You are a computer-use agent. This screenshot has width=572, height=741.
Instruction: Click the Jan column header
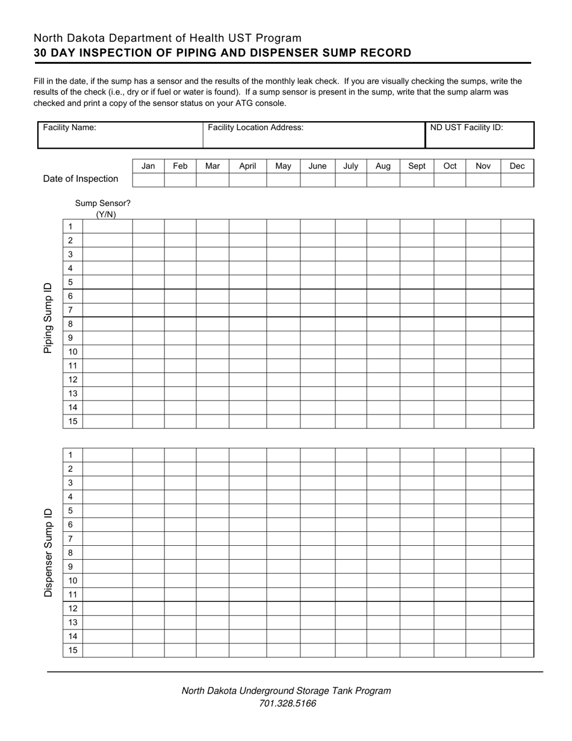click(148, 166)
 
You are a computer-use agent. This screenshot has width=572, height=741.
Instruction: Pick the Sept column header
click(417, 166)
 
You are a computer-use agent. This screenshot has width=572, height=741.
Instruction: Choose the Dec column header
click(517, 166)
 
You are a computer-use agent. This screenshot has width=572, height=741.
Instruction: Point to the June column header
click(317, 166)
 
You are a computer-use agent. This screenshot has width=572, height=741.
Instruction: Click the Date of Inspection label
click(81, 179)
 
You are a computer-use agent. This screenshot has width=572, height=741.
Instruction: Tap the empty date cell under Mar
click(213, 180)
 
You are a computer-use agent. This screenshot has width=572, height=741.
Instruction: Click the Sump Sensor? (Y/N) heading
click(103, 208)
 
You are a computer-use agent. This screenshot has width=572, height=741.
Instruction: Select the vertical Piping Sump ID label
click(48, 317)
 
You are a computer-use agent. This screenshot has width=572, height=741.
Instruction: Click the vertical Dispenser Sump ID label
click(48, 552)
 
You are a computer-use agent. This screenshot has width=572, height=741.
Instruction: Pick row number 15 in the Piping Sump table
click(73, 422)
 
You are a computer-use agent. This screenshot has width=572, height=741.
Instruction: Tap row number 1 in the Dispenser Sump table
click(70, 455)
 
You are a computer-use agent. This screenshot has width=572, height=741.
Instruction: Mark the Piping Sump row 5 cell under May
click(283, 282)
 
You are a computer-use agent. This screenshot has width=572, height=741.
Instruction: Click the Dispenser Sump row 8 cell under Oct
click(450, 552)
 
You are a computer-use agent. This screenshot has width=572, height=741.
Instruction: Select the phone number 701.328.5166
click(287, 704)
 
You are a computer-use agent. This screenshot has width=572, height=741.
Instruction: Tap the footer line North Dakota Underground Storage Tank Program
click(286, 691)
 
